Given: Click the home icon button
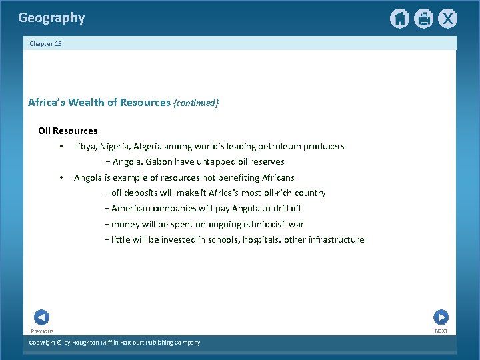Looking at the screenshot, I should click(x=399, y=19).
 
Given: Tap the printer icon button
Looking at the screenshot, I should click(x=423, y=19).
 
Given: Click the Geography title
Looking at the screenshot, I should click(x=51, y=18).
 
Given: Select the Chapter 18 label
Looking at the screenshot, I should click(x=45, y=43).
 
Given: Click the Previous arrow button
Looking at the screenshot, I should click(x=41, y=317).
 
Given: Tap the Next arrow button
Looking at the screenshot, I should click(x=441, y=317).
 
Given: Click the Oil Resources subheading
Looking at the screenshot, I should click(x=67, y=131).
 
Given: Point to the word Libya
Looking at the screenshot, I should click(x=85, y=146).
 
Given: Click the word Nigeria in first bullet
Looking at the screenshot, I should click(x=115, y=146).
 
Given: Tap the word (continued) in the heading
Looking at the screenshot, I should click(x=195, y=103).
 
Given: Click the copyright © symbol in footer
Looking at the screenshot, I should click(x=59, y=343).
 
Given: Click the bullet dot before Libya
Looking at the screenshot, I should click(x=60, y=146).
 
